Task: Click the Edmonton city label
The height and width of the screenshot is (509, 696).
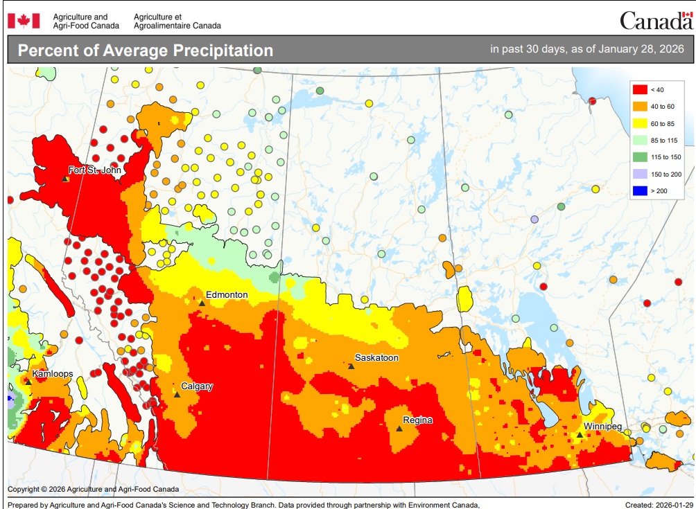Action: click(227, 294)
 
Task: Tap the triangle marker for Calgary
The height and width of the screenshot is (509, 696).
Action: click(177, 395)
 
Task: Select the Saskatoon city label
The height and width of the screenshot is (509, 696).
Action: click(376, 357)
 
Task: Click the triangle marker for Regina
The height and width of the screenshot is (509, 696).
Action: click(399, 429)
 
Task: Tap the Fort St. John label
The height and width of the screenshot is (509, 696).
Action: click(96, 170)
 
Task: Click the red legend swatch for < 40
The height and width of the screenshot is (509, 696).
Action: click(638, 89)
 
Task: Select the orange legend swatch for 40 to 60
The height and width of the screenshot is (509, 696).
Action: click(638, 107)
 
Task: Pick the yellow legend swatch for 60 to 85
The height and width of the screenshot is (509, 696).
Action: click(638, 123)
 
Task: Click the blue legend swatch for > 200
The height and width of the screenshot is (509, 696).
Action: click(638, 190)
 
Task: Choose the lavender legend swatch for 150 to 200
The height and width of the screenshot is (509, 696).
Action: click(638, 174)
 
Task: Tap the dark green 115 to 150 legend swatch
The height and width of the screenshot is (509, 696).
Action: click(638, 157)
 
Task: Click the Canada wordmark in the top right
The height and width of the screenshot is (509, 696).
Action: click(655, 21)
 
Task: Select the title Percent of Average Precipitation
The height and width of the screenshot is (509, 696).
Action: click(145, 51)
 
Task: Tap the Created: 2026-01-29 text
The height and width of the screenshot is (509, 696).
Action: click(658, 505)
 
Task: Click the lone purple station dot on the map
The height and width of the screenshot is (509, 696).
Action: click(534, 219)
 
